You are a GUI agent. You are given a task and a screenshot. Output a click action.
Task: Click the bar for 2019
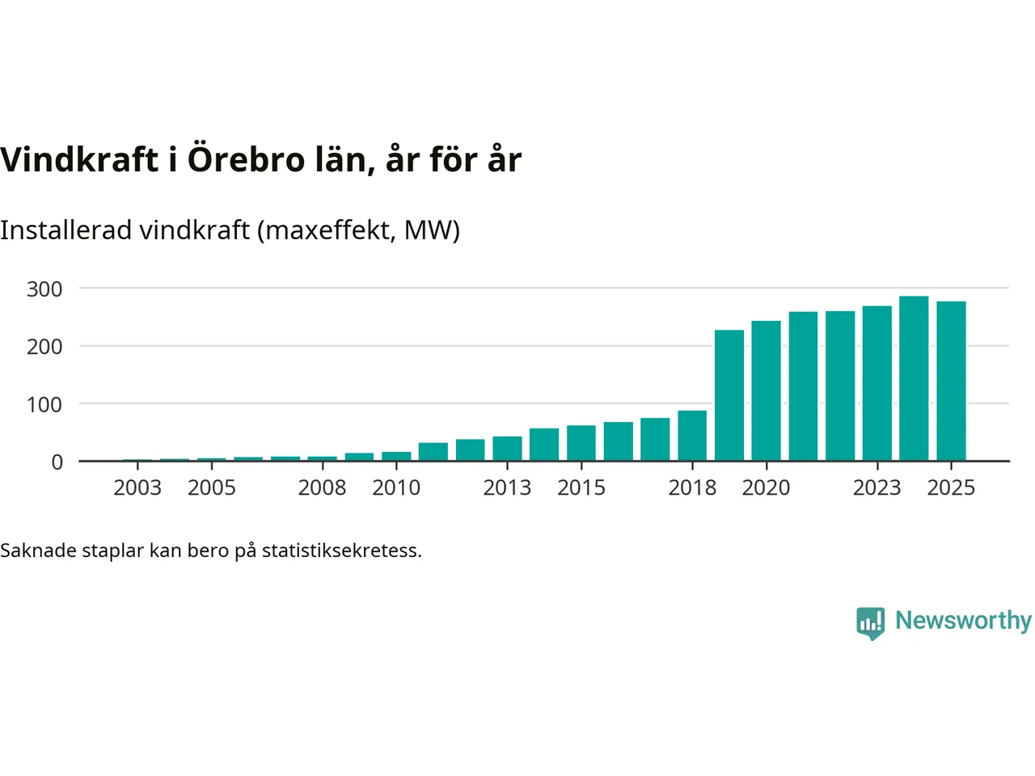729,395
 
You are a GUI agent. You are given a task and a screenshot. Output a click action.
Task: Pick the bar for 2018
692,436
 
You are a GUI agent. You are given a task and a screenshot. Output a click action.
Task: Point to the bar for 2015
581,443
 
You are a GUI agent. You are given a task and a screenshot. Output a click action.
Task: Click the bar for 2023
877,383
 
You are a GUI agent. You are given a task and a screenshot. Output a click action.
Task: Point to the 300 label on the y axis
44,289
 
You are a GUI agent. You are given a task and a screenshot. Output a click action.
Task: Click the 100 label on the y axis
44,405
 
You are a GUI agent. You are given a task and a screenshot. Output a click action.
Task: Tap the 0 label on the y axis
57,462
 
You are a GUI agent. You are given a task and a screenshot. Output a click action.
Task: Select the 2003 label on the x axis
137,488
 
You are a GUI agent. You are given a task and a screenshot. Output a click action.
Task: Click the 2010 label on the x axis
396,488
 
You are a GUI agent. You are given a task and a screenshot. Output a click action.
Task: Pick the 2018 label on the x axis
692,488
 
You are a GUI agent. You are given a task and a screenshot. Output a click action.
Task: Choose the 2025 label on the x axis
951,488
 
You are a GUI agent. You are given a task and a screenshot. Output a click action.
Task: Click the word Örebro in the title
246,159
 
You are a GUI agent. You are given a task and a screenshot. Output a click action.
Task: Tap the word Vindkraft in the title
79,159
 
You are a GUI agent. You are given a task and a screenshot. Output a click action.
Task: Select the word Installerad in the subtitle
65,230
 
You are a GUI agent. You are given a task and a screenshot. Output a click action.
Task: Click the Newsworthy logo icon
870,622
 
